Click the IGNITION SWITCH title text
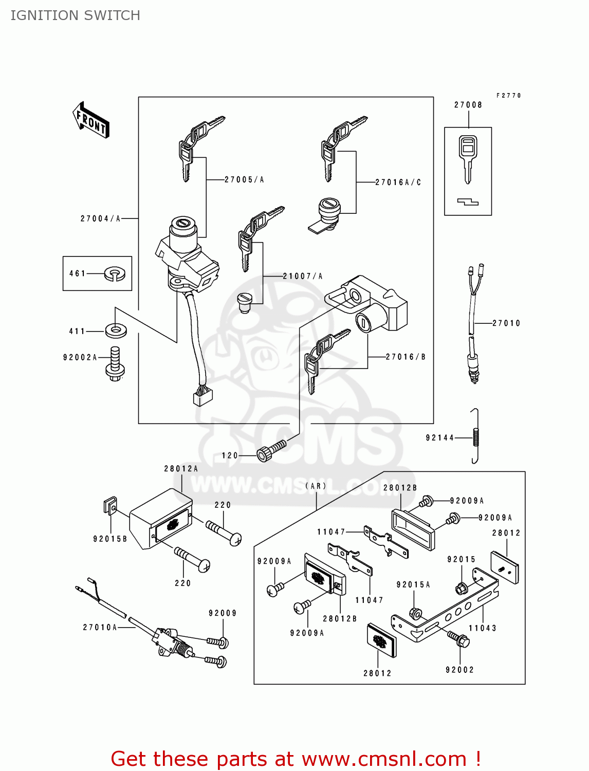[x=75, y=15]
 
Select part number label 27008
[x=468, y=105]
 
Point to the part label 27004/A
[x=100, y=218]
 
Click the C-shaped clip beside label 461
[x=115, y=273]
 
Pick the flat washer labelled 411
[x=116, y=330]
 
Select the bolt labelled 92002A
[x=116, y=364]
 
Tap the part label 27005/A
[x=244, y=179]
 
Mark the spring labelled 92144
[x=476, y=437]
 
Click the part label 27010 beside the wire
[x=506, y=323]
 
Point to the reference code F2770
[x=508, y=96]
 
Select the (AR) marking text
[x=316, y=486]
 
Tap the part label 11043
[x=482, y=628]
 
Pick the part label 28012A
[x=181, y=469]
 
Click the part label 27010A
[x=100, y=627]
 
